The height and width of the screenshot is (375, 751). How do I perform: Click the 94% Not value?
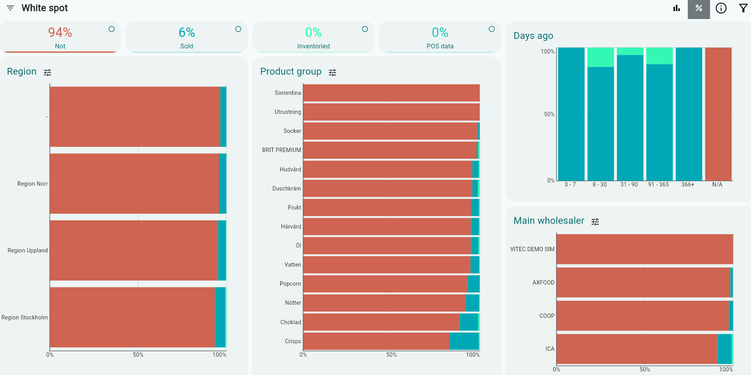[60, 32]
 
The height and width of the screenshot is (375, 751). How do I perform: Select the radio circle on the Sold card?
[238, 29]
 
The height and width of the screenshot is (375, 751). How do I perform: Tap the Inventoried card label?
[313, 46]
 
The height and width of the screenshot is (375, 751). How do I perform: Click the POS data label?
[440, 46]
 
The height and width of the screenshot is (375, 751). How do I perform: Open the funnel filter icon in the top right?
[743, 8]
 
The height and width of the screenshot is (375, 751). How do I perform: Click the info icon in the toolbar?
[721, 8]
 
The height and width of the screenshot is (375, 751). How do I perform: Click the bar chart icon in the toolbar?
[677, 8]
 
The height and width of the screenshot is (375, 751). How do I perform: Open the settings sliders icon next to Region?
[47, 72]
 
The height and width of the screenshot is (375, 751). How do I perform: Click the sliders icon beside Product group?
[332, 72]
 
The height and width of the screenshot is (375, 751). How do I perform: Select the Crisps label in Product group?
[293, 341]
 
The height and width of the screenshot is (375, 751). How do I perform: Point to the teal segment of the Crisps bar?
[464, 341]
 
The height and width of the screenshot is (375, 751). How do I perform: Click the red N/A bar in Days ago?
[718, 114]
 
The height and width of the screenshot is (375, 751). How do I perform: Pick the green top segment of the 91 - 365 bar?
[659, 56]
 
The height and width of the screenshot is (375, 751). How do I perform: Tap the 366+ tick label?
[688, 185]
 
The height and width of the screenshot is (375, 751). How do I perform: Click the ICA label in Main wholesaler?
[550, 349]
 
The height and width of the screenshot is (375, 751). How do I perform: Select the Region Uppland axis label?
[27, 250]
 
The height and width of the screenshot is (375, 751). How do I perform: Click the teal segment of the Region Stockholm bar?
[220, 317]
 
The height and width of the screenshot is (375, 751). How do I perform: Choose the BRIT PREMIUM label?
[281, 150]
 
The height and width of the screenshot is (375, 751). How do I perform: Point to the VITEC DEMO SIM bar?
[644, 249]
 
